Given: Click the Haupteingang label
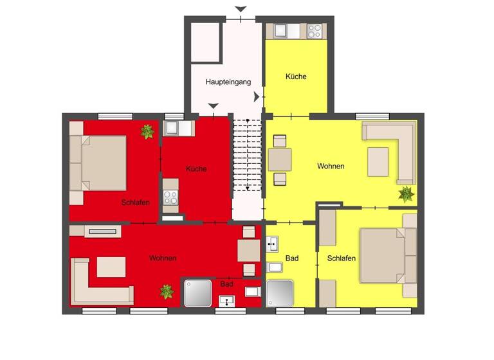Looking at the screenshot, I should (224, 82).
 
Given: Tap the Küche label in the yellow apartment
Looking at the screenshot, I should (296, 76).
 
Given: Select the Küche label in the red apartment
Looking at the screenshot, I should (196, 169).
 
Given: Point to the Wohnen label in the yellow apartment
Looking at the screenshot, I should (331, 166).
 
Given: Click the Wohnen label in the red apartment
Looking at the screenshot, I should (163, 258).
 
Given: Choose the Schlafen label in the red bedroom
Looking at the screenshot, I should (135, 203).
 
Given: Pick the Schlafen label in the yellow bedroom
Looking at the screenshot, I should (342, 258).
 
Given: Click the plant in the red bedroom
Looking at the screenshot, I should (147, 132).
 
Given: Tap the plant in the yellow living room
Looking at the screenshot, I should (406, 193).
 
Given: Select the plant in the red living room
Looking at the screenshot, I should (167, 291).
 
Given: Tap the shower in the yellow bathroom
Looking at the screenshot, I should (280, 293).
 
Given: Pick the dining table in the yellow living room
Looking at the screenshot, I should (280, 159).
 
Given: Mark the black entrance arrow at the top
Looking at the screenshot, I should (241, 9).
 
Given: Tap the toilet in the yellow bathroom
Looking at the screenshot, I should (273, 267).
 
